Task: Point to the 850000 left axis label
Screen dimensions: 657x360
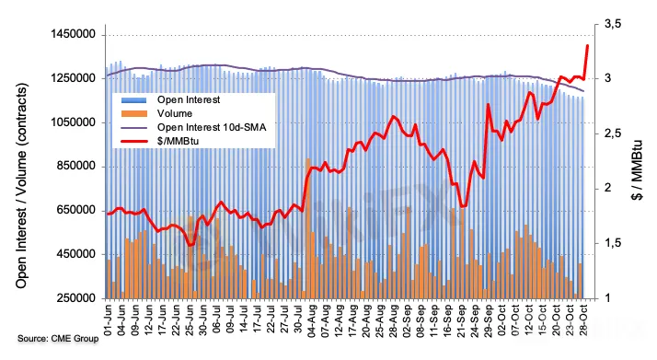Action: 75,167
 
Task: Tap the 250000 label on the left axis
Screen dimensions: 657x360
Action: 75,298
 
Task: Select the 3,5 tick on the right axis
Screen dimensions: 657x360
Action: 613,24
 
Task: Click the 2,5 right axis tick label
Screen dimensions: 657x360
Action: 613,134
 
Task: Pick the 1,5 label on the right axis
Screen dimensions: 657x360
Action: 613,243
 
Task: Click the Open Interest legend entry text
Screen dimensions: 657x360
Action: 189,99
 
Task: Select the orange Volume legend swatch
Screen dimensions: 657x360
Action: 134,113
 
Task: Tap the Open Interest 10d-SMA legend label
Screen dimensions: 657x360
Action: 212,127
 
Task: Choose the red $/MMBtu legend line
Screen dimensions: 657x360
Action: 134,141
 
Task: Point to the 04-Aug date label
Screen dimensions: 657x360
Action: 312,319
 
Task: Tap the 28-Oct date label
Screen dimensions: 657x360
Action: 583,319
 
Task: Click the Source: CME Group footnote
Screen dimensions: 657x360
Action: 58,338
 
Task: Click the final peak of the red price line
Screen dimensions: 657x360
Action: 587,45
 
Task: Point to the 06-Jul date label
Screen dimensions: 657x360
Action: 216,319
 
